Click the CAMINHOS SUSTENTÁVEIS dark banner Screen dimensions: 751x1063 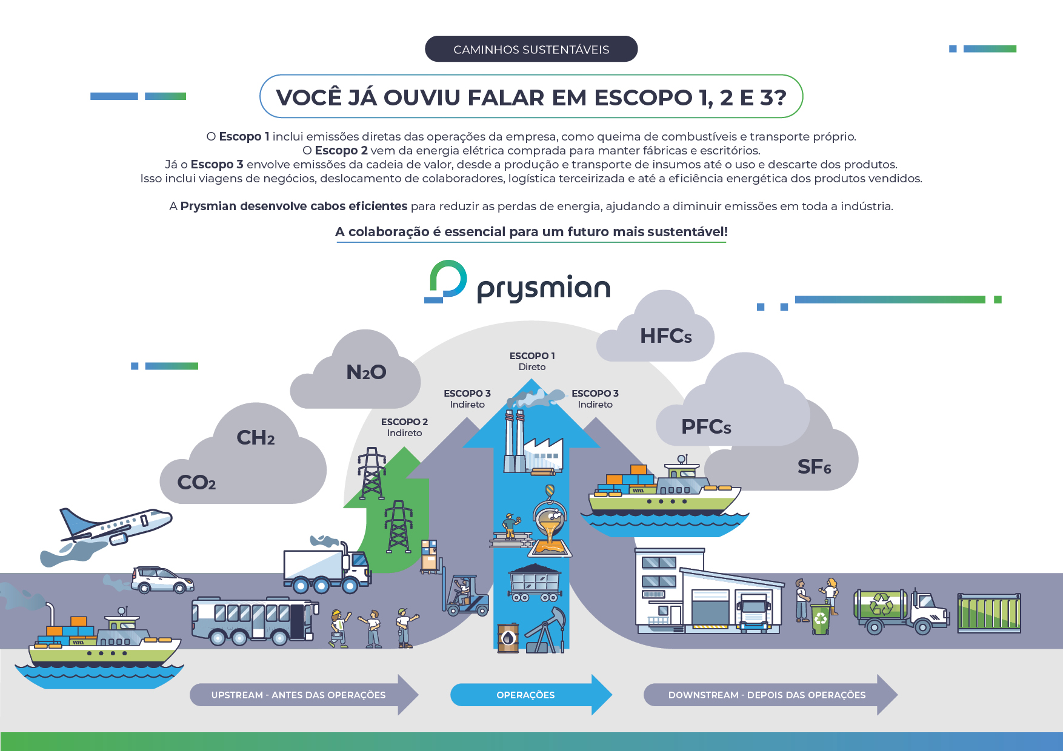pos(531,49)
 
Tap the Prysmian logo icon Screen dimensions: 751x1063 pos(447,281)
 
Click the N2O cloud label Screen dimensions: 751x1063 pos(366,372)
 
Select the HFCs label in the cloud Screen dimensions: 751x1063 pos(665,336)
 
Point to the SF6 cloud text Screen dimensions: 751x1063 pos(814,467)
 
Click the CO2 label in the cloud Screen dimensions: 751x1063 pos(196,483)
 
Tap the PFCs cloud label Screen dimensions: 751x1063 pos(706,427)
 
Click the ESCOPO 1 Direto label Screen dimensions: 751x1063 pos(532,361)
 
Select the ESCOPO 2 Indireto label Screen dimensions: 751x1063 pos(404,427)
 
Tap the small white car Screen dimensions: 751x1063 pos(162,580)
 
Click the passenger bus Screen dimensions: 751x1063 pos(254,620)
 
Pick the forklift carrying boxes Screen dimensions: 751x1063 pos(464,594)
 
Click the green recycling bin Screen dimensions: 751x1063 pos(820,619)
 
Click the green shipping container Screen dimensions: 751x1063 pos(989,613)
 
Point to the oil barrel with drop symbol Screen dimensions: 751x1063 pos(508,638)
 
